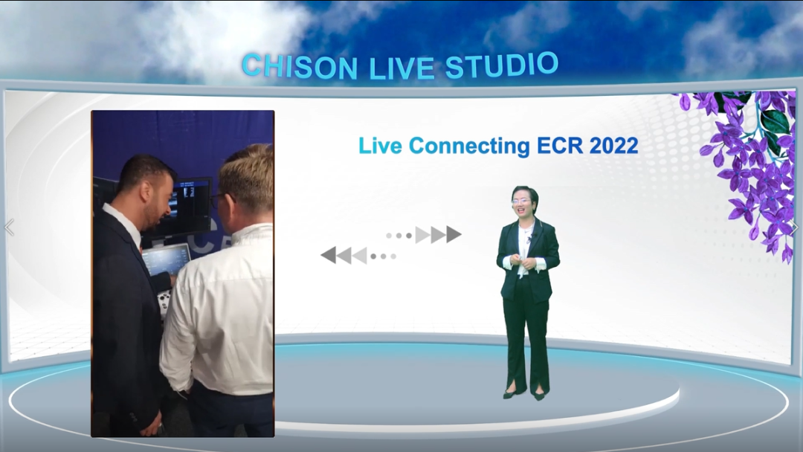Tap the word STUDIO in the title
(x=501, y=65)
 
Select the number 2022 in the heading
(x=613, y=146)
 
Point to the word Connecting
(x=470, y=146)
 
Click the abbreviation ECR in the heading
(x=560, y=146)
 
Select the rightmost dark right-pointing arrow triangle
(x=454, y=234)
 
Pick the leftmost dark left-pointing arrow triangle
(x=329, y=255)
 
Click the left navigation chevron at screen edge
(x=9, y=227)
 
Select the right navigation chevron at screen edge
(x=796, y=227)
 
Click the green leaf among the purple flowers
(x=774, y=123)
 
